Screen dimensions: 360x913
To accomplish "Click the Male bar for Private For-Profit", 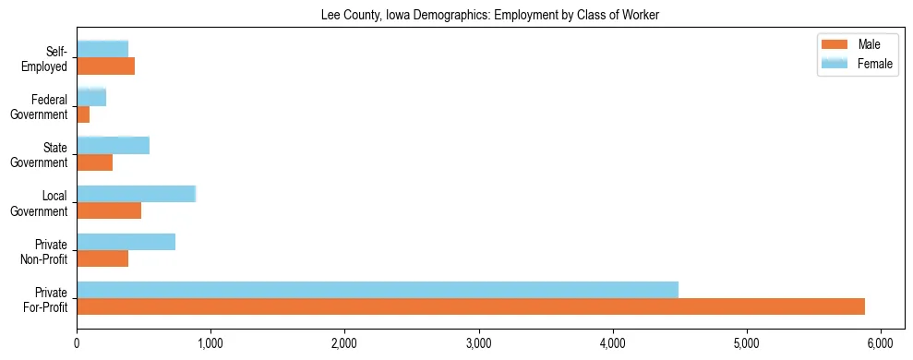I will pyautogui.click(x=471, y=306).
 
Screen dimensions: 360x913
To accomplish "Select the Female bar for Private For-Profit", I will pyautogui.click(x=378, y=290).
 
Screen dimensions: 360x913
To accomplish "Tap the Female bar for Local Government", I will pyautogui.click(x=137, y=194).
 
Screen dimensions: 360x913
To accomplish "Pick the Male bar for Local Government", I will pyautogui.click(x=109, y=210).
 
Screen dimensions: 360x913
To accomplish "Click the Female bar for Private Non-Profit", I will pyautogui.click(x=126, y=242).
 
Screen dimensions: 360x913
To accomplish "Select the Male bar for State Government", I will pyautogui.click(x=95, y=162).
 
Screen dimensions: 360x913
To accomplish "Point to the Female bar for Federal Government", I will pyautogui.click(x=91, y=98).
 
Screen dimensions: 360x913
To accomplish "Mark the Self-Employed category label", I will pyautogui.click(x=48, y=59).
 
